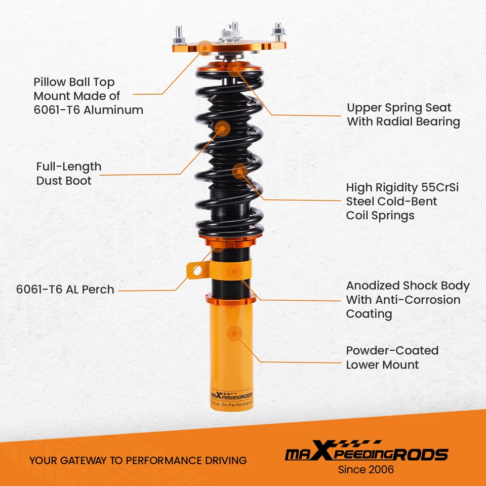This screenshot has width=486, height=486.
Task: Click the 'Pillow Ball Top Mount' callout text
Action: tap(88, 96)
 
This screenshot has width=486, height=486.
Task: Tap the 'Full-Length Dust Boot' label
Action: tap(68, 174)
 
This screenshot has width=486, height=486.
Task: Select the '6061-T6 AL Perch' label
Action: tap(65, 290)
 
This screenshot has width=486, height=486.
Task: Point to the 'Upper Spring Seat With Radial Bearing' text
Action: tap(403, 114)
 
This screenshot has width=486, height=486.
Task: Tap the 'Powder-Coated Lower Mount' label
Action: tap(392, 357)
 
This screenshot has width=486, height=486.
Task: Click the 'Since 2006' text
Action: tap(366, 469)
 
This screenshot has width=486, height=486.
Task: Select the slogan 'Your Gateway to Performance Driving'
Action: tap(138, 461)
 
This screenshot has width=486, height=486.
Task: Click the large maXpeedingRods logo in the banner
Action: tap(366, 453)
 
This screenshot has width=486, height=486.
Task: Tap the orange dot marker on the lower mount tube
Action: tap(234, 333)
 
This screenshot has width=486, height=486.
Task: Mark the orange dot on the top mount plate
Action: tap(205, 46)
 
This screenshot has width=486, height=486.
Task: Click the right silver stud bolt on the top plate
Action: tap(278, 31)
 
